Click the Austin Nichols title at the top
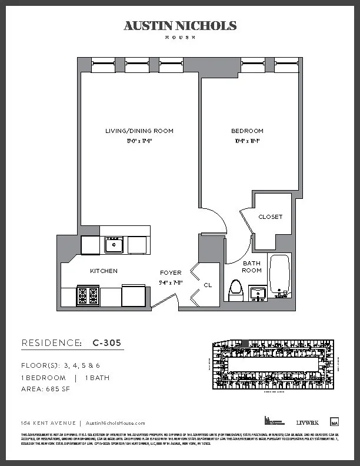pyautogui.click(x=180, y=26)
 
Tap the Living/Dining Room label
pyautogui.click(x=139, y=131)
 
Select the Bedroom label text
pyautogui.click(x=247, y=131)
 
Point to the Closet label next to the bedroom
pyautogui.click(x=270, y=217)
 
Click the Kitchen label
pyautogui.click(x=104, y=271)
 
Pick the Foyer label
pyautogui.click(x=171, y=272)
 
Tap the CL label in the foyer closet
pyautogui.click(x=208, y=285)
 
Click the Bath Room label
pyautogui.click(x=252, y=267)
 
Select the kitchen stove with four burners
pyautogui.click(x=88, y=295)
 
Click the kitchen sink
pyautogui.click(x=114, y=244)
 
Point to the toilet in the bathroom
pyautogui.click(x=236, y=290)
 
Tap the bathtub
pyautogui.click(x=280, y=275)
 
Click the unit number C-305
pyautogui.click(x=106, y=342)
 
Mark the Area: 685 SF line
pyautogui.click(x=46, y=390)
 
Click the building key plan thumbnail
pyautogui.click(x=272, y=365)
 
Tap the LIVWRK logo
pyautogui.click(x=306, y=422)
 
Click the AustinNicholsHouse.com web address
pyautogui.click(x=115, y=423)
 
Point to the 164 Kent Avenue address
pyautogui.click(x=48, y=423)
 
